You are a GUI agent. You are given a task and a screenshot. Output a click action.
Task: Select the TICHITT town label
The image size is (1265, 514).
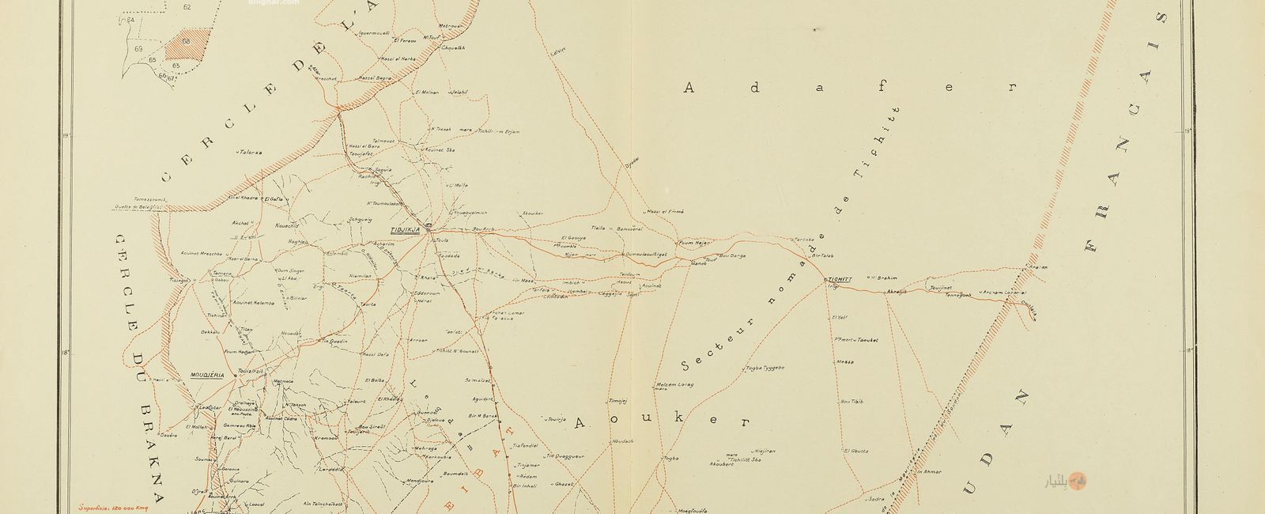coord(836,279)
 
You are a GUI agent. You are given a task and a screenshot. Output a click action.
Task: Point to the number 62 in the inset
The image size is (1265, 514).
coord(187,6)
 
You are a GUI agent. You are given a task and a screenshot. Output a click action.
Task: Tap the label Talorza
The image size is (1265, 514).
coord(250,151)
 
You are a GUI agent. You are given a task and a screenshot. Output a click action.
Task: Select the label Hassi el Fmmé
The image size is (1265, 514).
coord(664,211)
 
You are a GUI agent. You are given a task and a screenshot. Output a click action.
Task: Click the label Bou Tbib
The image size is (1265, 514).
coord(852,402)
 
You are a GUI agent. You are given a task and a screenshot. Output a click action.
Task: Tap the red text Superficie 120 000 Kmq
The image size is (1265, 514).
coord(115,505)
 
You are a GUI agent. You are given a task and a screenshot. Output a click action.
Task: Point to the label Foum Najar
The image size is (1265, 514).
coord(695,243)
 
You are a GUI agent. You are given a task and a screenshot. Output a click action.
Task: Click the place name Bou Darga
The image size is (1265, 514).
coord(732,255)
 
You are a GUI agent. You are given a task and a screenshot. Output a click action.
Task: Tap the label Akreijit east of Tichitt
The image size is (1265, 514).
coord(897,292)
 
